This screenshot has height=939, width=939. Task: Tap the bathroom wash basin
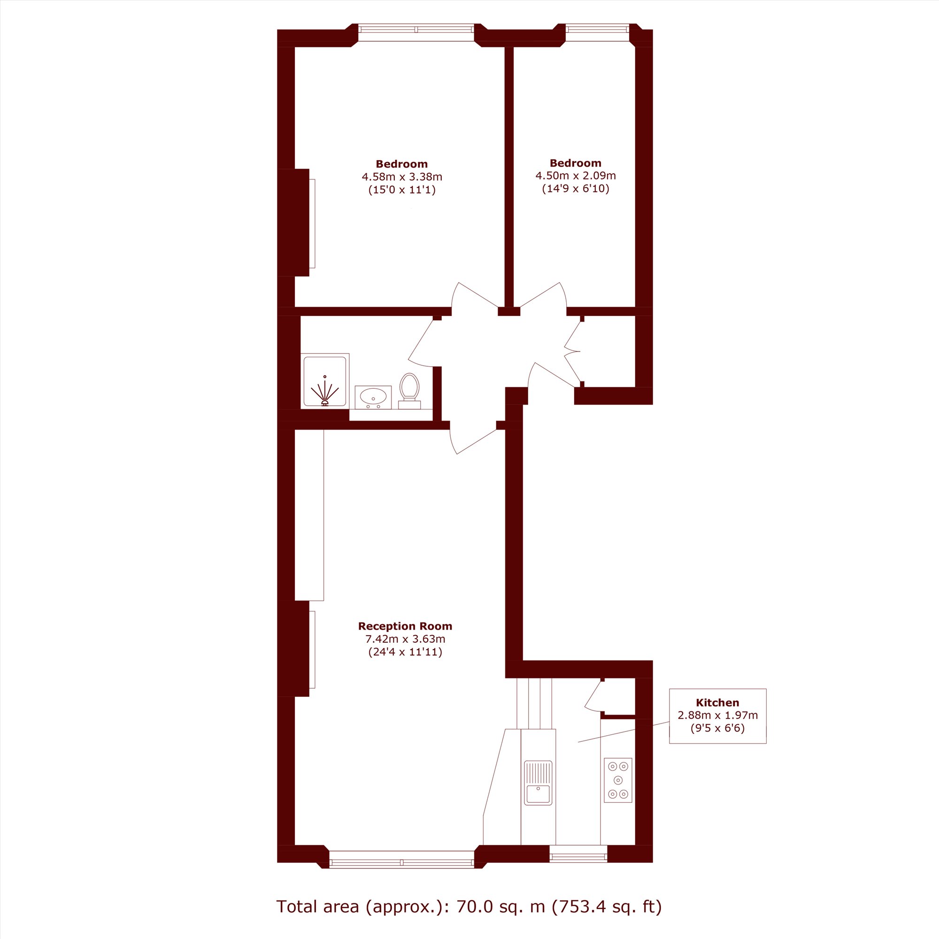click(x=373, y=397)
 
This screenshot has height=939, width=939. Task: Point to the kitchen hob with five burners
click(x=618, y=780)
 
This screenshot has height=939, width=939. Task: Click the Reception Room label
click(x=405, y=626)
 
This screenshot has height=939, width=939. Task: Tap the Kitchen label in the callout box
click(x=717, y=702)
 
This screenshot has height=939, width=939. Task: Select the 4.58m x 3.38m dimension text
click(x=402, y=177)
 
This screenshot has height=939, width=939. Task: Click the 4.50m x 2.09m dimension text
click(x=576, y=176)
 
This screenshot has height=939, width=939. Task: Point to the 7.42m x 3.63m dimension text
click(x=405, y=639)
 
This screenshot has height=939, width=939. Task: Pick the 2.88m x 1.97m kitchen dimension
click(x=717, y=715)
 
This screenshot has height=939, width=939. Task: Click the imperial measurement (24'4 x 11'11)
click(x=405, y=652)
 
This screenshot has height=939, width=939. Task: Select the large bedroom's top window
click(x=416, y=29)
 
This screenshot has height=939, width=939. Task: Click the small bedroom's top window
click(x=597, y=29)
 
